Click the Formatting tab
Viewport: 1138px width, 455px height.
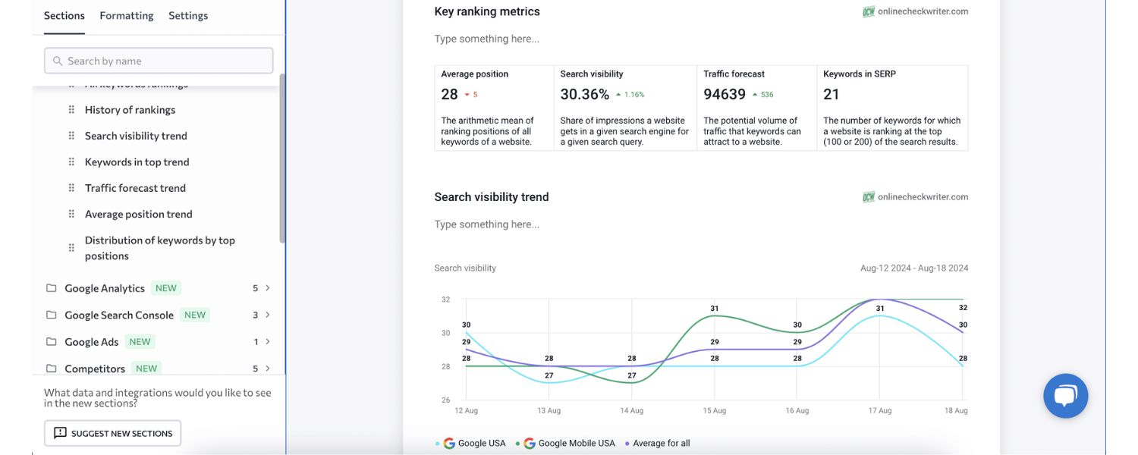coord(126,15)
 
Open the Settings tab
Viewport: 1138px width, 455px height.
coord(188,15)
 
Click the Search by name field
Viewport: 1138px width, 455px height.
coord(159,61)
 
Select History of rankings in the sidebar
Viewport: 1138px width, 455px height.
coord(130,110)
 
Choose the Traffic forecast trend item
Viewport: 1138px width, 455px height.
coord(135,188)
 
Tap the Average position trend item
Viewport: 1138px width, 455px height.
coord(138,214)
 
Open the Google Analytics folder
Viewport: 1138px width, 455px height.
coord(105,288)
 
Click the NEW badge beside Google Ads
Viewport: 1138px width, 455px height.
coord(140,342)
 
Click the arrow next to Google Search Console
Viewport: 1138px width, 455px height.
coord(268,315)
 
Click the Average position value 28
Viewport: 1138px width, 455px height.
coord(450,95)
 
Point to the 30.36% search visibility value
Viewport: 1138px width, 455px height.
coord(584,95)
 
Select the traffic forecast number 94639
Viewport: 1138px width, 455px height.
coord(724,95)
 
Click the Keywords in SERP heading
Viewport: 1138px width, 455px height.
coord(859,74)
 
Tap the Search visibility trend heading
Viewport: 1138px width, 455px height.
coord(491,197)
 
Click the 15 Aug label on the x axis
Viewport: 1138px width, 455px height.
coord(714,410)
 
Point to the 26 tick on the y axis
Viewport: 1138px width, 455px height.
coord(445,400)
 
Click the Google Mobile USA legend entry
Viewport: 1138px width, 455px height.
coord(576,444)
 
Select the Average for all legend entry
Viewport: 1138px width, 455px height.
coord(661,444)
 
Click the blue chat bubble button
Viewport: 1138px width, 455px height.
coord(1065,396)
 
